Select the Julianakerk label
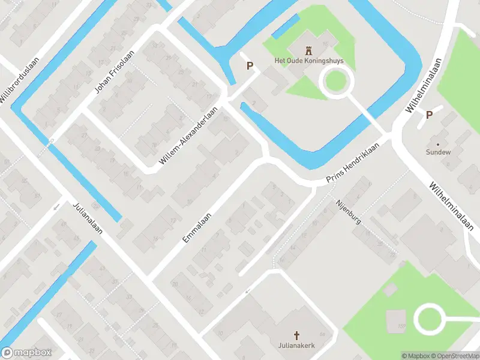pos(296,346)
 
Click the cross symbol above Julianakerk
pos(296,335)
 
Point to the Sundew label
pos(439,152)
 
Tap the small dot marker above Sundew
pos(438,144)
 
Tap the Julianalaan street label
pos(88,217)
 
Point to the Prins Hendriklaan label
pos(353,164)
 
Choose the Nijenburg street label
pos(349,212)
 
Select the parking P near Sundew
pos(429,115)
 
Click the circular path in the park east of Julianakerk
pos(430,319)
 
